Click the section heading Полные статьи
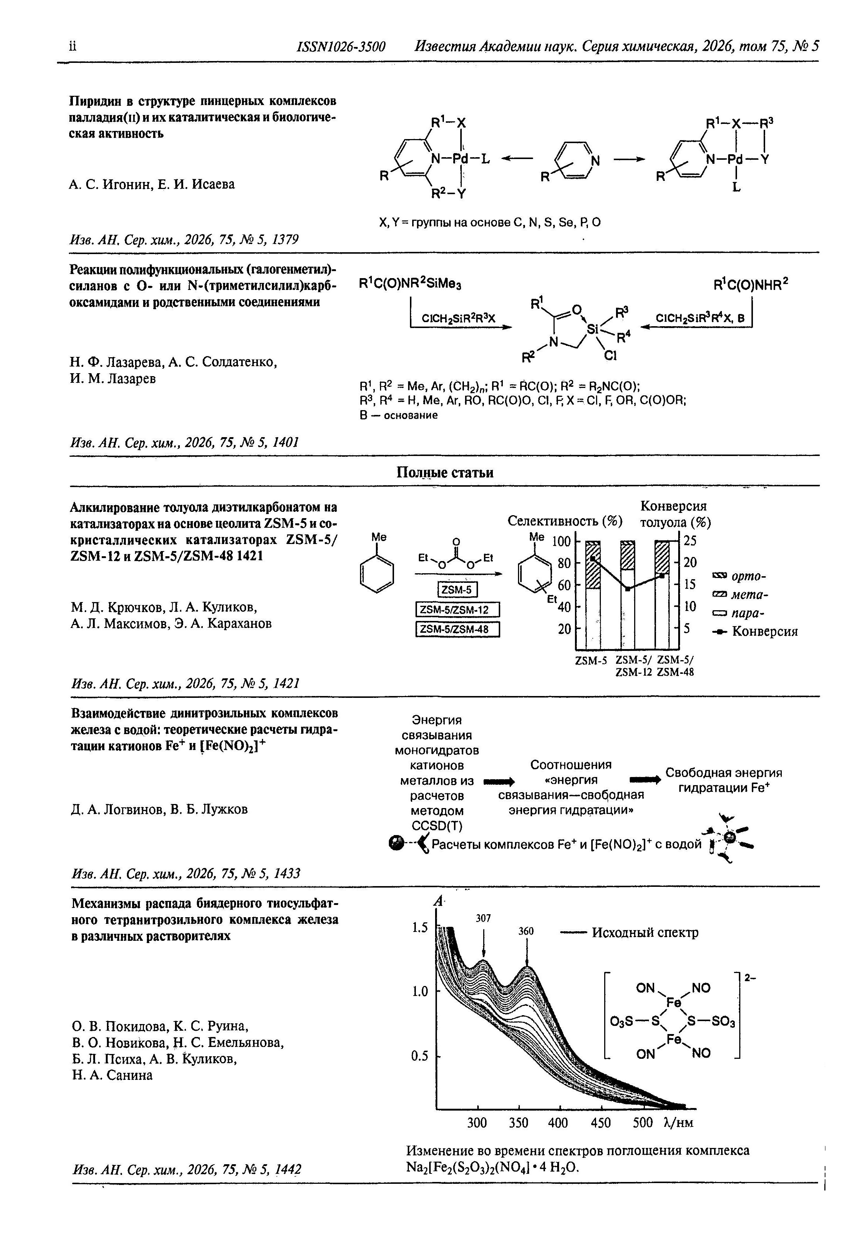point(444,473)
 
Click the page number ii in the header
point(73,46)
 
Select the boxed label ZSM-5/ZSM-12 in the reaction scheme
point(457,610)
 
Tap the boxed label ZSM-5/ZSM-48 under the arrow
point(457,629)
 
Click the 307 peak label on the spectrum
point(483,918)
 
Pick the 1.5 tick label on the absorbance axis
point(420,928)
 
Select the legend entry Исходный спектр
point(645,933)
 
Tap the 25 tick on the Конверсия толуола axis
point(690,541)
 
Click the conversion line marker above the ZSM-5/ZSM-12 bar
point(627,589)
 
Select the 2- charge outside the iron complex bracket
point(751,977)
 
